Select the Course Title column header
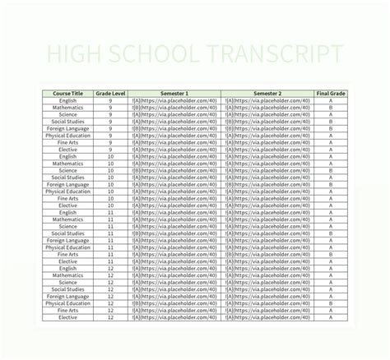pyautogui.click(x=68, y=94)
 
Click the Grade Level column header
pyautogui.click(x=110, y=94)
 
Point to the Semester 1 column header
pyautogui.click(x=174, y=94)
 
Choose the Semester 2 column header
pyautogui.click(x=267, y=94)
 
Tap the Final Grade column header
pyautogui.click(x=331, y=94)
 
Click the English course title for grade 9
pyautogui.click(x=68, y=100)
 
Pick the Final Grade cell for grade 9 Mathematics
pyautogui.click(x=331, y=108)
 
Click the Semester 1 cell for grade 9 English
pyautogui.click(x=174, y=100)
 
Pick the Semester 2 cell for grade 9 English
pyautogui.click(x=267, y=100)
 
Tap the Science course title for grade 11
pyautogui.click(x=68, y=226)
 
